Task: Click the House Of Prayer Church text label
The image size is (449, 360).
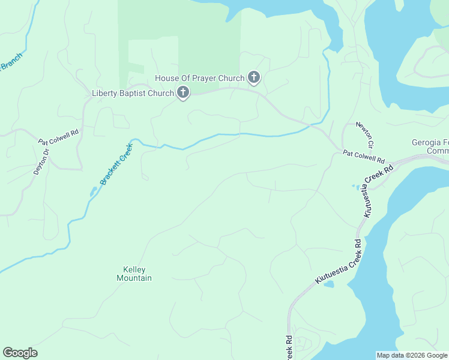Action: pos(199,78)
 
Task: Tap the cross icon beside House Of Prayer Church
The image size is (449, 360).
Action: pos(254,77)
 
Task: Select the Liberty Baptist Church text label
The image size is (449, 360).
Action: pos(133,93)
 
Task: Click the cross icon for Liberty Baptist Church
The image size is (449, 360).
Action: pos(183,92)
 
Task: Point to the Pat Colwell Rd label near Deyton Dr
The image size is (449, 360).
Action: pos(59,137)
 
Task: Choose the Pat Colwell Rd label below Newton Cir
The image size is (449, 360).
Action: pos(364,157)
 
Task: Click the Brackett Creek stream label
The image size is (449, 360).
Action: pos(116,163)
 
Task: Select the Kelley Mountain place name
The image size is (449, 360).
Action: pos(134,274)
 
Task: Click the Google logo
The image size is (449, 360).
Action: pos(20,353)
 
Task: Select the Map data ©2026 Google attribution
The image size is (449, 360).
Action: pos(412,355)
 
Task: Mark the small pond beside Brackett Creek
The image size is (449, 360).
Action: pos(93,191)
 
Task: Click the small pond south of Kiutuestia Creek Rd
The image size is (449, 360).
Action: pos(328,284)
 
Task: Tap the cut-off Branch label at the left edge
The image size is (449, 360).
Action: pos(10,62)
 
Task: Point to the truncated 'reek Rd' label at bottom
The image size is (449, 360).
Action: pos(288,347)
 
